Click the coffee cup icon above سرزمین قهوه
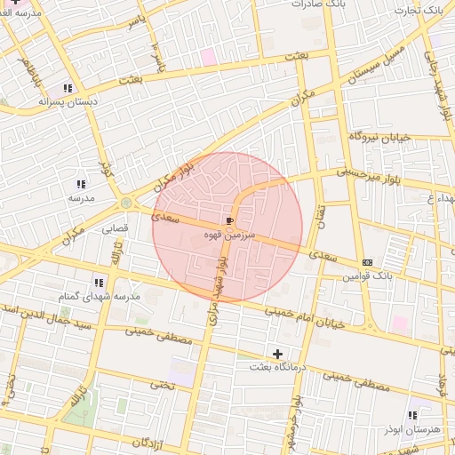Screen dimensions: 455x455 tap(231, 220)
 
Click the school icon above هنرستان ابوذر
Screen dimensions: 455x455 tap(411, 415)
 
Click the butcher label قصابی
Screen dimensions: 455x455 tap(114, 228)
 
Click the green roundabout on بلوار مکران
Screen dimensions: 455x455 tap(126, 203)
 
